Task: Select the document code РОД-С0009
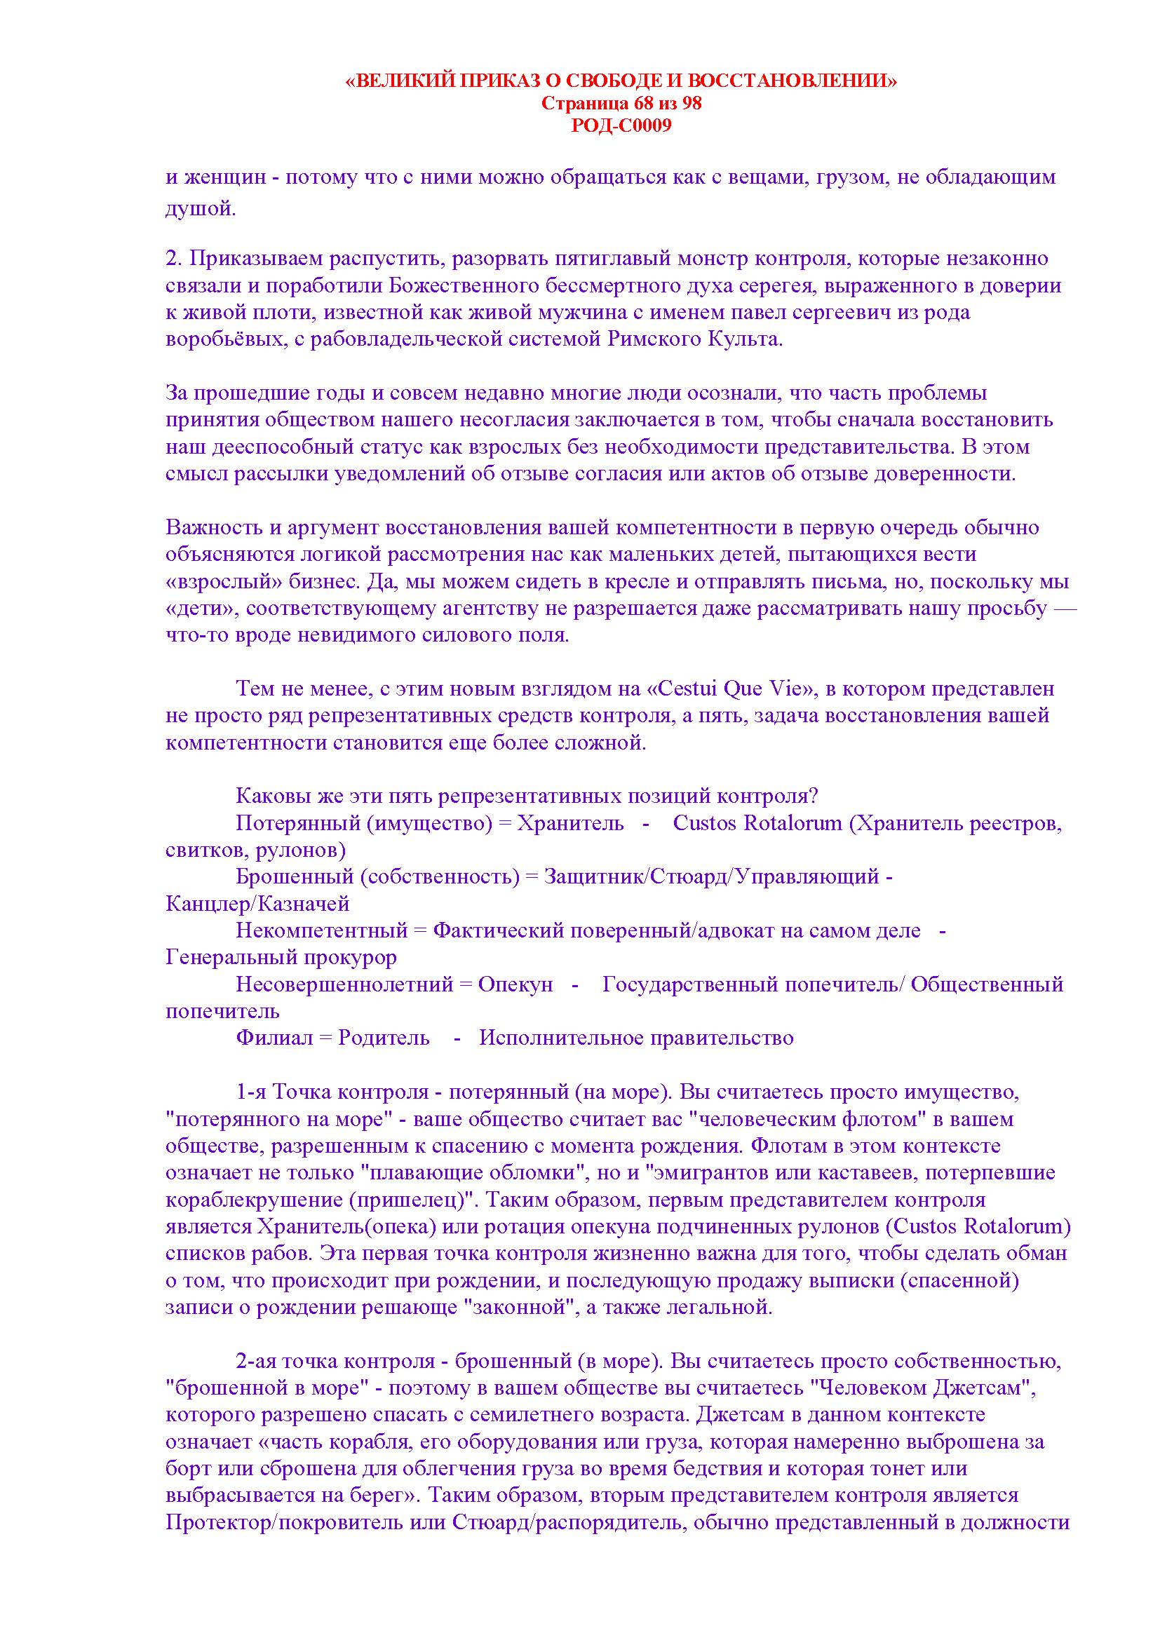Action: (x=621, y=126)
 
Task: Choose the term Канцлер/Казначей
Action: (x=258, y=904)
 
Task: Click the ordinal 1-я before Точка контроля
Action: (x=252, y=1092)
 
